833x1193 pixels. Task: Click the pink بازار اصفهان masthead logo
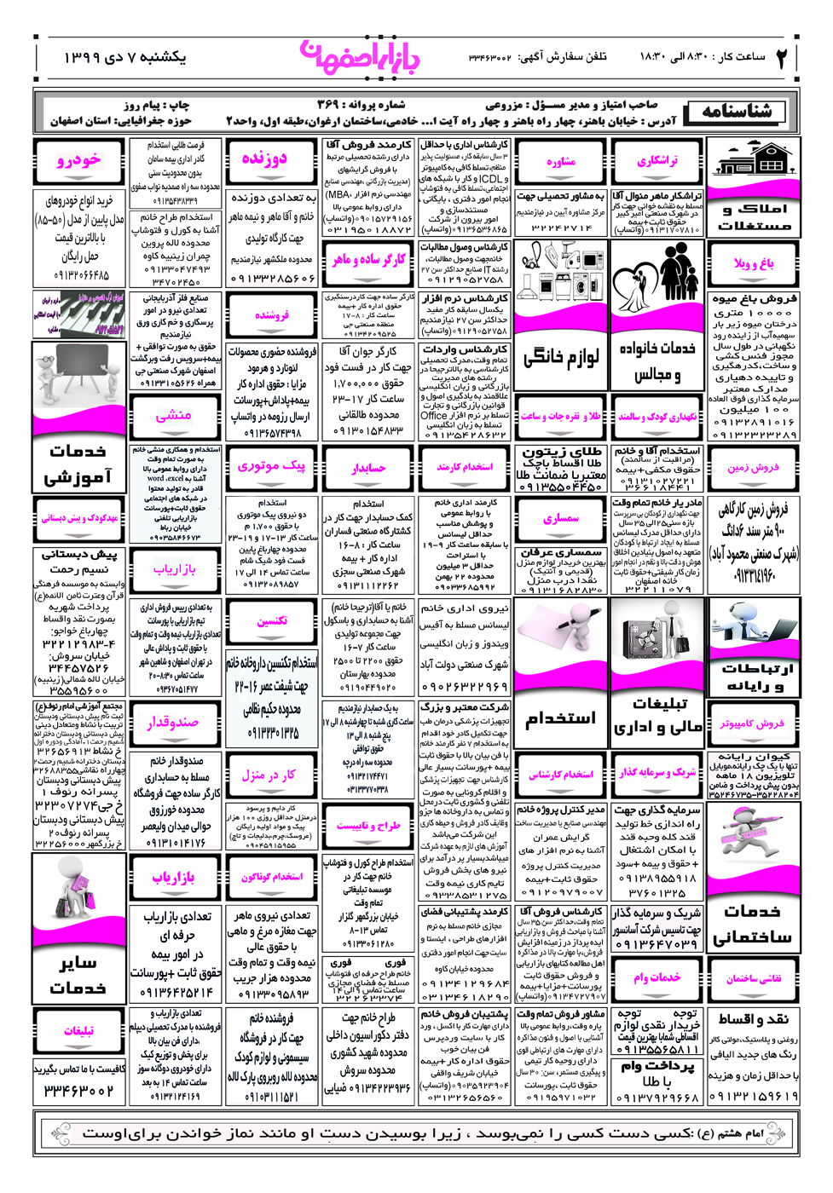click(360, 57)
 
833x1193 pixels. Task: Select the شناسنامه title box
click(739, 112)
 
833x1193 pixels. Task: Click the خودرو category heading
click(78, 160)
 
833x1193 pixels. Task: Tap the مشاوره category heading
click(560, 161)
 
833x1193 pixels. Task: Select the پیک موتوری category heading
click(271, 466)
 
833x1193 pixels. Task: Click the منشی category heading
click(174, 416)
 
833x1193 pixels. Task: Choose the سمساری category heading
click(560, 518)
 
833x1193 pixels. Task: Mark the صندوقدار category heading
click(174, 722)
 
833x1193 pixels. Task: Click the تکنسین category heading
click(271, 620)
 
